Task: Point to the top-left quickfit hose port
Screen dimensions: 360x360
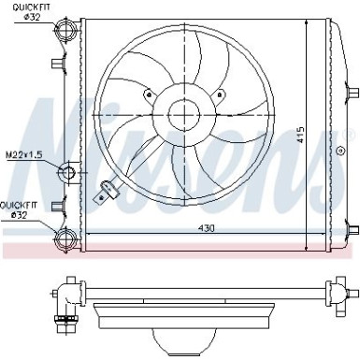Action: coord(65,34)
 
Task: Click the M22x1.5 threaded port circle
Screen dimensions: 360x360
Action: coord(67,173)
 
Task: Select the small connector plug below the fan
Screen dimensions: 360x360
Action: coord(110,192)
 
